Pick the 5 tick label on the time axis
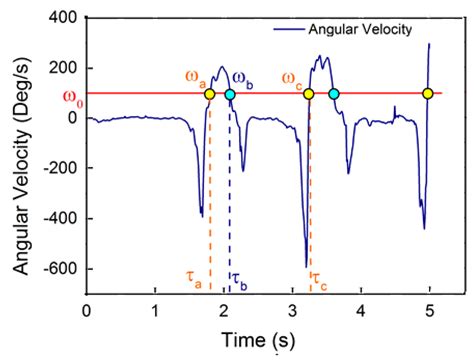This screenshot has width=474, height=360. pyautogui.click(x=430, y=312)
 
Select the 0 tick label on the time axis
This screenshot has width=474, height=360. pyautogui.click(x=87, y=312)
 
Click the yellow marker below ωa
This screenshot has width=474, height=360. pyautogui.click(x=210, y=94)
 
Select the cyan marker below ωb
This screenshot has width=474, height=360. pyautogui.click(x=230, y=94)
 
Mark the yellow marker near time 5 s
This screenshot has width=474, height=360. pyautogui.click(x=427, y=94)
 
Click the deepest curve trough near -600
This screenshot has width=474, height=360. pyautogui.click(x=306, y=266)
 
